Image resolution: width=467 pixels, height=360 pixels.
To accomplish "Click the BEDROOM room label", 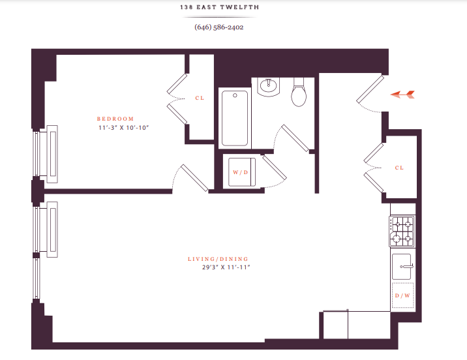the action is [x=115, y=119].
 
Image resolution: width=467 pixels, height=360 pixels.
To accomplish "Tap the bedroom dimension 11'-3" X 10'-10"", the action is [x=124, y=128].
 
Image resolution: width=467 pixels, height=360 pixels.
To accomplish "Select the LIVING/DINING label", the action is [x=218, y=259].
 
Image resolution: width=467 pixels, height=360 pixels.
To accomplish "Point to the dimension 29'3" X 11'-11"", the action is [x=226, y=267].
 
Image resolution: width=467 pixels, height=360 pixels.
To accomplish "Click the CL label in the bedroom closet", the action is [x=200, y=98].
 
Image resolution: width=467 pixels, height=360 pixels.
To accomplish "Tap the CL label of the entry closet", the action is [x=399, y=168].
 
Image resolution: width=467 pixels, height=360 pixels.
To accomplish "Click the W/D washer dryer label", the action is [x=241, y=172].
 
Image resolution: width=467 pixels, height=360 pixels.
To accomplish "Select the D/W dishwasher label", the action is [x=402, y=295].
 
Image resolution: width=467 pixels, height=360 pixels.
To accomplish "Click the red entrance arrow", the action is [x=402, y=95].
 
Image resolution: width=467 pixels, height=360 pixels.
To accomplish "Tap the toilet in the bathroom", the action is [x=299, y=92].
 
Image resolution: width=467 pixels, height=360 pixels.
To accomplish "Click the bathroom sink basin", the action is [x=269, y=87].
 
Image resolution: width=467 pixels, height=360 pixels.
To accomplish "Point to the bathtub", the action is [x=235, y=118].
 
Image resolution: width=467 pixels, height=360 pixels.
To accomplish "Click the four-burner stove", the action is [x=402, y=232].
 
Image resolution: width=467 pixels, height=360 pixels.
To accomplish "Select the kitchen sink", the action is [x=402, y=267].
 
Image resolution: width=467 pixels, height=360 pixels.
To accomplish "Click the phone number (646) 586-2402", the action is [x=219, y=27].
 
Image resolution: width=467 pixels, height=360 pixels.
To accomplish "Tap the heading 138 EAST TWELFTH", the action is [x=220, y=7].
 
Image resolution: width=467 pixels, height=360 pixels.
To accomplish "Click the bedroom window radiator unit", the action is [x=52, y=154].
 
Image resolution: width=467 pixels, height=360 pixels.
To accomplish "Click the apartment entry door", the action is [x=370, y=89].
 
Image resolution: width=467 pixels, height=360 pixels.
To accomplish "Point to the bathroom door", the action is [x=295, y=138].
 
